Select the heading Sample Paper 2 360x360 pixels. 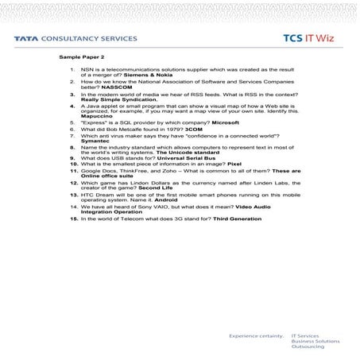click(81, 59)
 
